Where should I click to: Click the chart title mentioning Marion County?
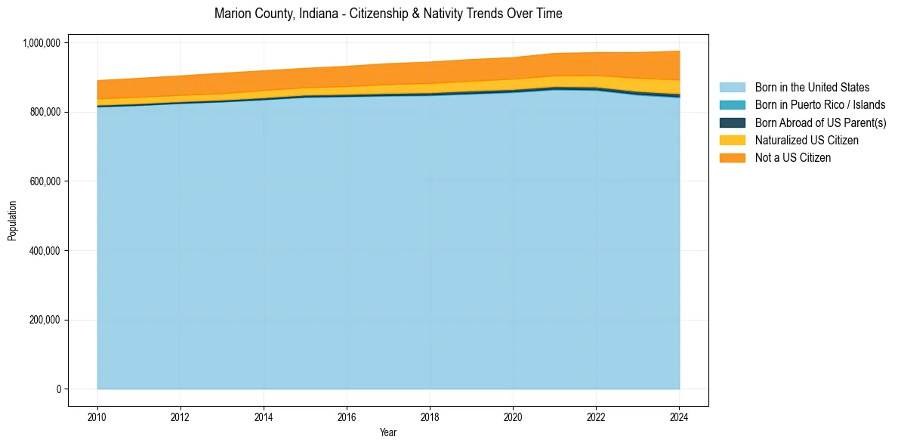(388, 14)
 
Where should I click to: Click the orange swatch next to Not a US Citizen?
(732, 157)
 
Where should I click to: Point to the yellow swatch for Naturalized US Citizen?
(732, 140)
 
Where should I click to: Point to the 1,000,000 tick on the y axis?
(43, 43)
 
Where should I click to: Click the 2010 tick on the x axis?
(97, 416)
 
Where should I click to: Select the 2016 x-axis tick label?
(347, 416)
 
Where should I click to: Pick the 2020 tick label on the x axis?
(513, 416)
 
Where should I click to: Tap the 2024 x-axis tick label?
(679, 416)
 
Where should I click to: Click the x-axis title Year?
(388, 433)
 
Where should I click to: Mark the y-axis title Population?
(12, 221)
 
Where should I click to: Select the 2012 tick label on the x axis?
(181, 416)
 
